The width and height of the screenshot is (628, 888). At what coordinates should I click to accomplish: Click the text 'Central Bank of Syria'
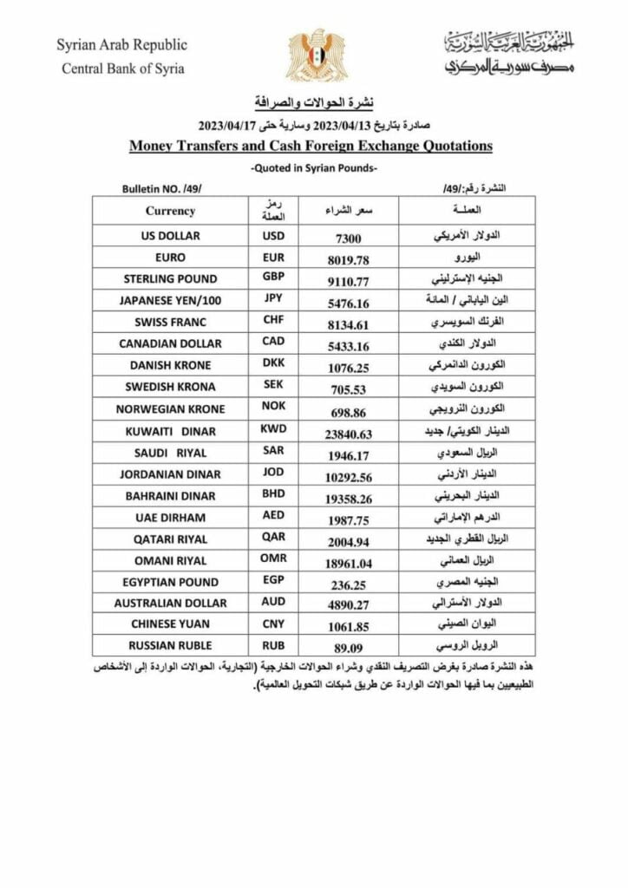[x=122, y=69]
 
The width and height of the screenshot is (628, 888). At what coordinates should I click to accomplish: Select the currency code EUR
[x=273, y=258]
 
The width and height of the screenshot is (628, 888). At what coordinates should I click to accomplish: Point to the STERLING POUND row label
[x=170, y=279]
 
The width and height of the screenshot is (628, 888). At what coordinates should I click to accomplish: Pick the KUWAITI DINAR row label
[x=170, y=430]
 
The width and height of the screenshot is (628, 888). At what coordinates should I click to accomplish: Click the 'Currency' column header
[x=170, y=211]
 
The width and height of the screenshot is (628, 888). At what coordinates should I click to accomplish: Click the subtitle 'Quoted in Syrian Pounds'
[x=313, y=167]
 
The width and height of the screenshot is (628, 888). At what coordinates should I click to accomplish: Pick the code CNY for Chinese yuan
[x=273, y=624]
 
